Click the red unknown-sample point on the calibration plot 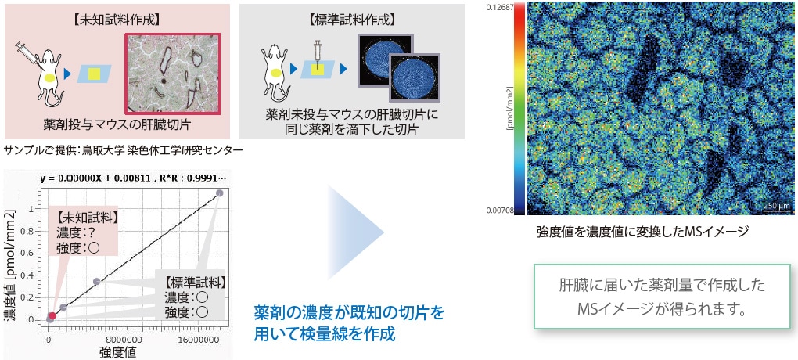[x=52, y=315]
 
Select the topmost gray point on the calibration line [x=219, y=193]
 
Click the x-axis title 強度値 [x=117, y=352]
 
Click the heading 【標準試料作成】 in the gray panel [x=352, y=20]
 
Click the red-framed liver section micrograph [x=173, y=74]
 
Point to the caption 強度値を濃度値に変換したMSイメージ [x=643, y=232]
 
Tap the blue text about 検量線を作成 [x=349, y=323]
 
